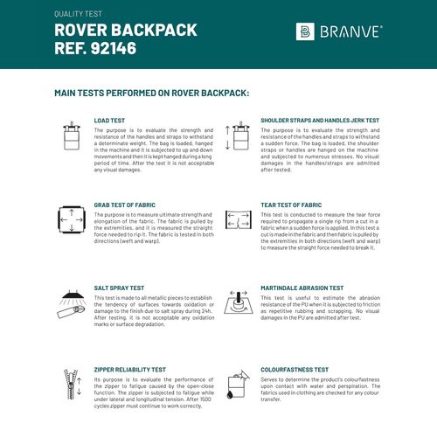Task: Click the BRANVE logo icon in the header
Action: (x=305, y=32)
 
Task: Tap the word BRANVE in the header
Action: (x=350, y=32)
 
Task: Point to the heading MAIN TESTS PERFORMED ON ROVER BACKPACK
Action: (x=151, y=92)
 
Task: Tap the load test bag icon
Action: (x=72, y=137)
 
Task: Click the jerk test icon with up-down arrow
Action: (x=236, y=137)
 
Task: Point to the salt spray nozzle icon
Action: (x=69, y=302)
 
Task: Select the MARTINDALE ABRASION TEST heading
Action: (x=302, y=287)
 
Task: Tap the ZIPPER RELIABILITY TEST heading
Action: (x=130, y=370)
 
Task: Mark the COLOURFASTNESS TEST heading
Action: (x=295, y=370)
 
